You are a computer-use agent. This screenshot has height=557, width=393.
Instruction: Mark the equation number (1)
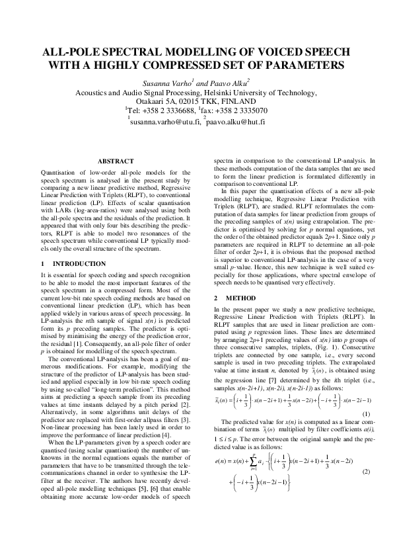pos(366,413)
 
